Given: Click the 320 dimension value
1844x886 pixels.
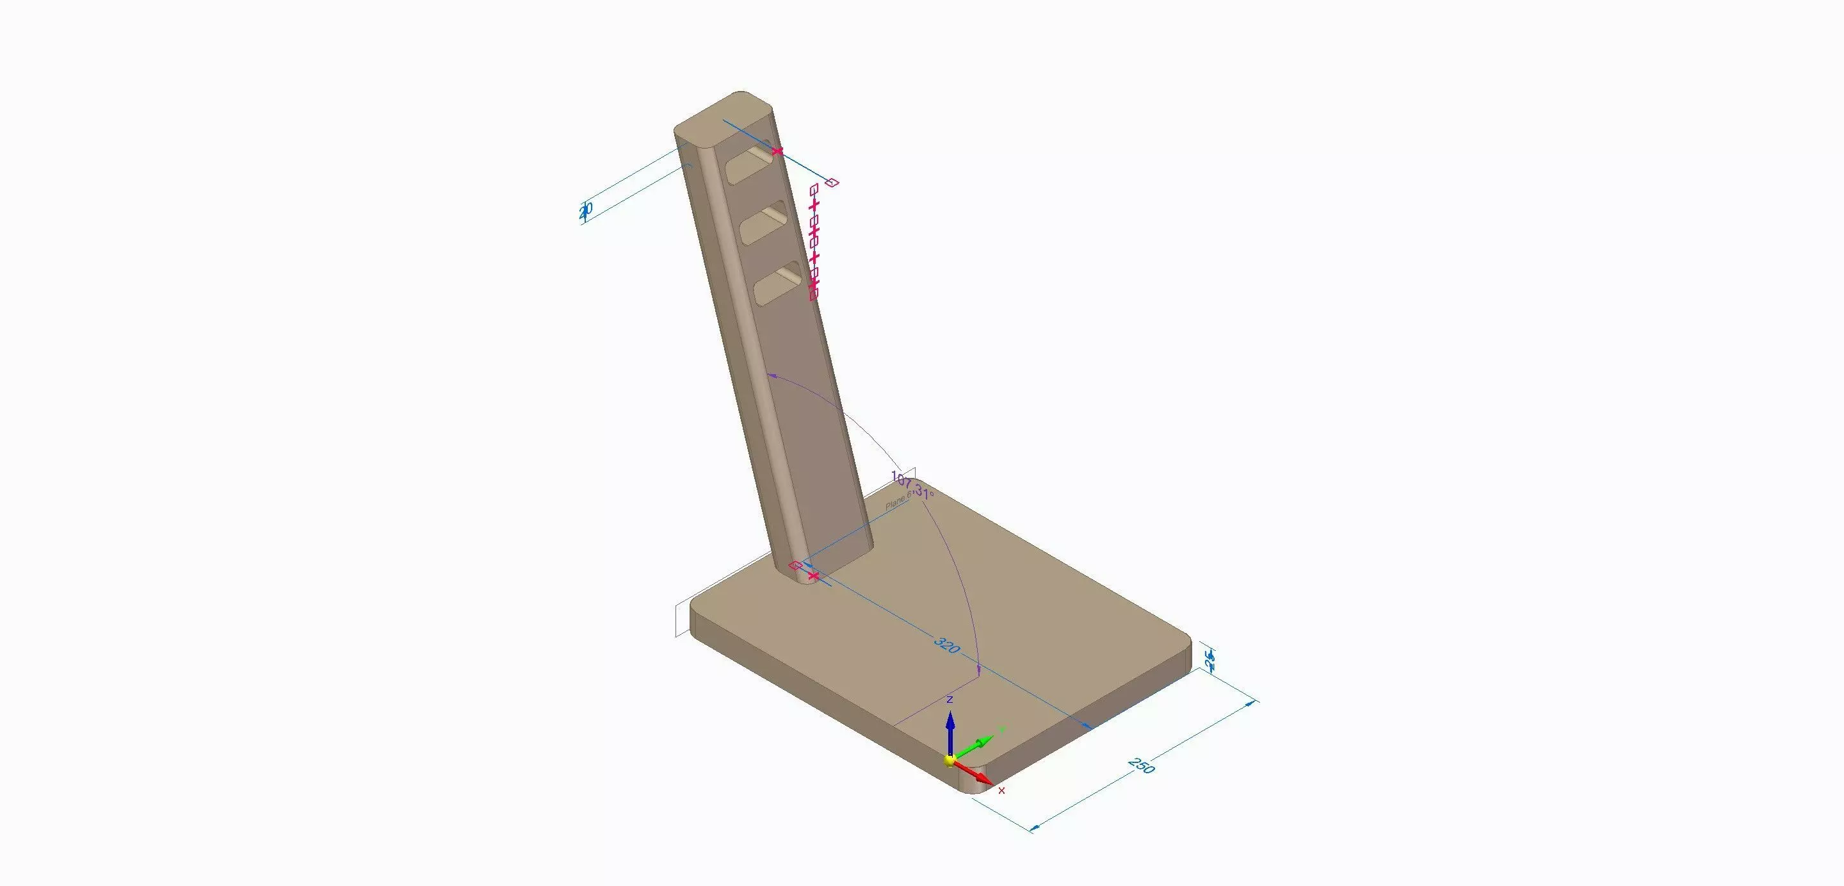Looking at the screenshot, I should (947, 644).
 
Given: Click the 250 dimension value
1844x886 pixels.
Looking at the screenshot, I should (1141, 765).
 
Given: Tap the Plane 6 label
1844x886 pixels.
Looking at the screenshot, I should (899, 500).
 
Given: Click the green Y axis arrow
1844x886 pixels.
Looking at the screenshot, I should (977, 744).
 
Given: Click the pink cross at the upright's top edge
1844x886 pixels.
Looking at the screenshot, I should (777, 151).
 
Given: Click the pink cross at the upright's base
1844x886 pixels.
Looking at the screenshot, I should (813, 575).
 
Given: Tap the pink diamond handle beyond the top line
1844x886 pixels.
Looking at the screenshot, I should (832, 183).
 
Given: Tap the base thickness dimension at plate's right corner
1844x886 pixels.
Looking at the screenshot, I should (1209, 660).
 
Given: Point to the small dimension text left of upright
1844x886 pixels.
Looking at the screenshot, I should (586, 210).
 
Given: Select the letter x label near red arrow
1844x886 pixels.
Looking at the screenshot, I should (1001, 791).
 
